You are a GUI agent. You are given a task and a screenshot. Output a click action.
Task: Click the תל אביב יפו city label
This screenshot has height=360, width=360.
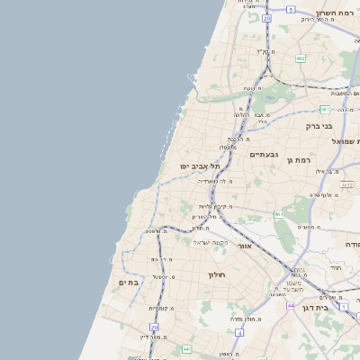coord(199,166)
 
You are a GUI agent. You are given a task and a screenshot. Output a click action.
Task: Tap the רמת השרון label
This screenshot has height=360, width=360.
coord(337,14)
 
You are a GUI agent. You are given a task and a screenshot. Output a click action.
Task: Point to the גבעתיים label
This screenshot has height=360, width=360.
coord(264,155)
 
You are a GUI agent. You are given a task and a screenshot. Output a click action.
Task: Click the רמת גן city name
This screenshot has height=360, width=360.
coord(299,160)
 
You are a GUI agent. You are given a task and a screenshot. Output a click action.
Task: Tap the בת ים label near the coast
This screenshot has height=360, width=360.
coord(129,283)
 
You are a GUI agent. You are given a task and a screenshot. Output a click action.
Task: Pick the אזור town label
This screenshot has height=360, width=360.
coord(263,245)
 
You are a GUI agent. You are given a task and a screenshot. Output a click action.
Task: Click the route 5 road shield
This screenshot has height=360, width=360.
coord(291,9)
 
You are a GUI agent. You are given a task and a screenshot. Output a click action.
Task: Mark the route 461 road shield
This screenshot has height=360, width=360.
coord(279,214)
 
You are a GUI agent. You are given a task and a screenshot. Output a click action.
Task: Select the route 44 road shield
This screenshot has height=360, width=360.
coord(291,305)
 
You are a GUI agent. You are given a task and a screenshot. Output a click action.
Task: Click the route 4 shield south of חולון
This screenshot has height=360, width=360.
coord(240,332)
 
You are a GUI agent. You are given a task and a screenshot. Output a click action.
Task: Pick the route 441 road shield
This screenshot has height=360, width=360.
coord(186,348)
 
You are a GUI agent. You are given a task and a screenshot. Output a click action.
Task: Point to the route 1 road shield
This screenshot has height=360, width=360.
coord(344,307)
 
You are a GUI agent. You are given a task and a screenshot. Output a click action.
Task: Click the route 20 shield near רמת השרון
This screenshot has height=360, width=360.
coord(266,18)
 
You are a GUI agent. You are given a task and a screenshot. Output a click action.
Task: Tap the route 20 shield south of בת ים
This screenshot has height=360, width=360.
coord(154,328)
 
